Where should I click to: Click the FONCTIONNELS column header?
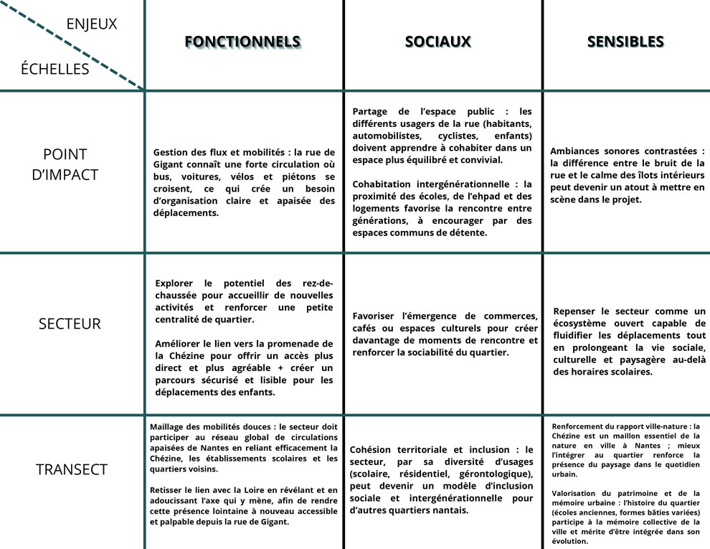click(242, 42)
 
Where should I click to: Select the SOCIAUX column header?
click(437, 42)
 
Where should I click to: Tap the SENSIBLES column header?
click(625, 42)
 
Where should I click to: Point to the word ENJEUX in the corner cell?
click(91, 24)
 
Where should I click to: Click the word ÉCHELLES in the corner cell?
click(55, 69)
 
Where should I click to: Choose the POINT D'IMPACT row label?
click(65, 164)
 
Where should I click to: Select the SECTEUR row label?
click(70, 324)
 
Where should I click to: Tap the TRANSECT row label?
click(72, 470)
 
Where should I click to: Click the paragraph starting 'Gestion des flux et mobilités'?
click(244, 182)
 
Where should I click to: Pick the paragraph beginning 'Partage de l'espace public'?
click(442, 136)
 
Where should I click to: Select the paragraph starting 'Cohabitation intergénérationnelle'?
click(442, 208)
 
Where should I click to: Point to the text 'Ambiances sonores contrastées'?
click(627, 175)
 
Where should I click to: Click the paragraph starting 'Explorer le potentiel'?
click(244, 301)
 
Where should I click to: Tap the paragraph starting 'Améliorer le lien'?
click(244, 367)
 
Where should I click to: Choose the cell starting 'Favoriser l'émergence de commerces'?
click(445, 334)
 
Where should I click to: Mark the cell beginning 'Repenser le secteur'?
click(629, 342)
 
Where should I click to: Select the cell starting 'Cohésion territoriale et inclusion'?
click(442, 479)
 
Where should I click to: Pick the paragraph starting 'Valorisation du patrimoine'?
click(625, 517)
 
